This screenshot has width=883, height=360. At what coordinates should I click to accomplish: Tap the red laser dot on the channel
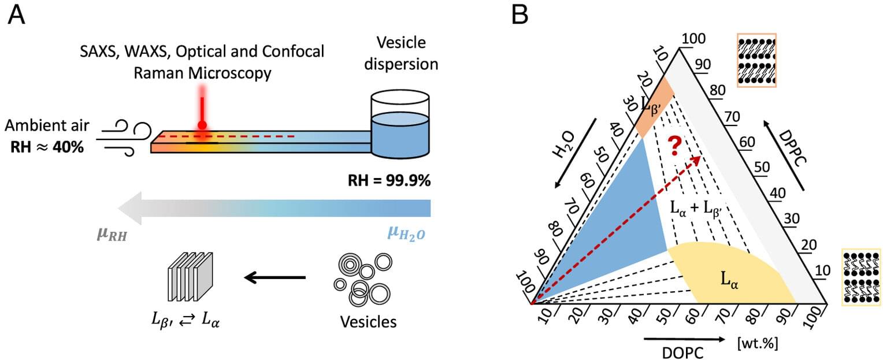coord(202,125)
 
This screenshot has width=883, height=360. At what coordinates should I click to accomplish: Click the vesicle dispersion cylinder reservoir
coord(400,126)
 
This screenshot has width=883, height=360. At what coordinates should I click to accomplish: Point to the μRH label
coord(112,235)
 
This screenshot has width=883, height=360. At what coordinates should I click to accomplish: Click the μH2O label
coord(408,235)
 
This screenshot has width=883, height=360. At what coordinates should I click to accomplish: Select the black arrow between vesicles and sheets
coord(274,279)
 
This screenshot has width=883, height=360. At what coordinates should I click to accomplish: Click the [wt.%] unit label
coord(757,343)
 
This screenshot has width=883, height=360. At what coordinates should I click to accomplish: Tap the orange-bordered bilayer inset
coord(756,60)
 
